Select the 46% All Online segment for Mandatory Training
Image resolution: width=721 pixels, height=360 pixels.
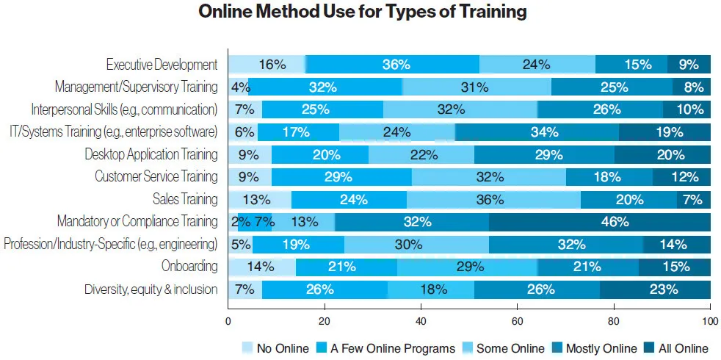599,221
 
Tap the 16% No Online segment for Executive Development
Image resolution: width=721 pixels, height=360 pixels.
267,65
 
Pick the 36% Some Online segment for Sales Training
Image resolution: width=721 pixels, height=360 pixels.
493,199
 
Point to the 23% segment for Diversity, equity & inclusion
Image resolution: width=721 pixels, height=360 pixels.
655,289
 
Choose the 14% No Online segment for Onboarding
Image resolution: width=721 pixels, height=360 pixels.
261,267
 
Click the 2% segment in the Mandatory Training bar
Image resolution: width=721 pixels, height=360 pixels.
233,221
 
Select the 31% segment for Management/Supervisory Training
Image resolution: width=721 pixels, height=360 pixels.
476,87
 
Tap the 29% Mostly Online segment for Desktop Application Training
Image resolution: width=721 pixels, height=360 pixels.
544,154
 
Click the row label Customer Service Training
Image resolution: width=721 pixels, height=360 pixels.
156,176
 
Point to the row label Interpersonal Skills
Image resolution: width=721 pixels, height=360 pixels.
124,109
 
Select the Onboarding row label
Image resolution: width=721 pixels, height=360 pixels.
189,267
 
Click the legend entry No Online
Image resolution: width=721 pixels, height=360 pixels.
275,348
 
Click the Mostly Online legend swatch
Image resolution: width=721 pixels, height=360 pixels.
557,348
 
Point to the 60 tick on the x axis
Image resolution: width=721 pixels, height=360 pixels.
517,321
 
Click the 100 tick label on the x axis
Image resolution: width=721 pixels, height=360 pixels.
710,321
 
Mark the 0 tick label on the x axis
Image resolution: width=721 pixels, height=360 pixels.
228,321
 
